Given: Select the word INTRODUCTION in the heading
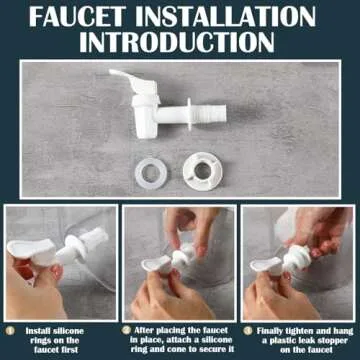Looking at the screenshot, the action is tap(177, 42).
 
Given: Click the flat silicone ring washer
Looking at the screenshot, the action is tap(151, 173).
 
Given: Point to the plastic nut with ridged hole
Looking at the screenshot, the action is tap(202, 171).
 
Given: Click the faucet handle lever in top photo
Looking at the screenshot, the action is tap(133, 82).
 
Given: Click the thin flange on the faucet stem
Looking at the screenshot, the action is tap(189, 114).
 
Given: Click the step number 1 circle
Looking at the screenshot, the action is tap(10, 331).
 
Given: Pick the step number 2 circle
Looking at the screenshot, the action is tap(125, 330).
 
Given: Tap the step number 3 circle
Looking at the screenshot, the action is tap(248, 331).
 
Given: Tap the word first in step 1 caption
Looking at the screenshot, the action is tap(69, 350).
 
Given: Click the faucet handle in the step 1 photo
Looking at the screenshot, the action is tap(31, 249).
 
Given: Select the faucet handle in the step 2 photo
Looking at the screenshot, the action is tap(156, 264).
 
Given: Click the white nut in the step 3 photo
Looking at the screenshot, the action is tap(296, 258).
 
